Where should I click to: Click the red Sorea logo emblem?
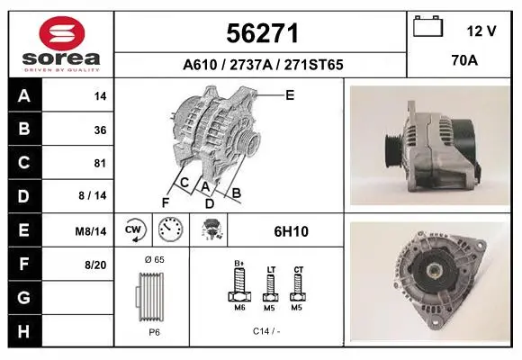pyautogui.click(x=62, y=33)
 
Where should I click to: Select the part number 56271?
pyautogui.click(x=262, y=33)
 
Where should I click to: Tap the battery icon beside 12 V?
pyautogui.click(x=427, y=26)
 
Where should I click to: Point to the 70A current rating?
pyautogui.click(x=464, y=60)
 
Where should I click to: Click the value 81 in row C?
pyautogui.click(x=100, y=163)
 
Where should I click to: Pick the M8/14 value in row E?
pyautogui.click(x=91, y=230)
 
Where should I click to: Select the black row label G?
pyautogui.click(x=24, y=297)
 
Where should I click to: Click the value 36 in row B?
pyautogui.click(x=100, y=130)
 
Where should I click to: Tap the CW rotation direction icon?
pyautogui.click(x=133, y=229)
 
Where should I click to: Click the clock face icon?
pyautogui.click(x=170, y=229)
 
